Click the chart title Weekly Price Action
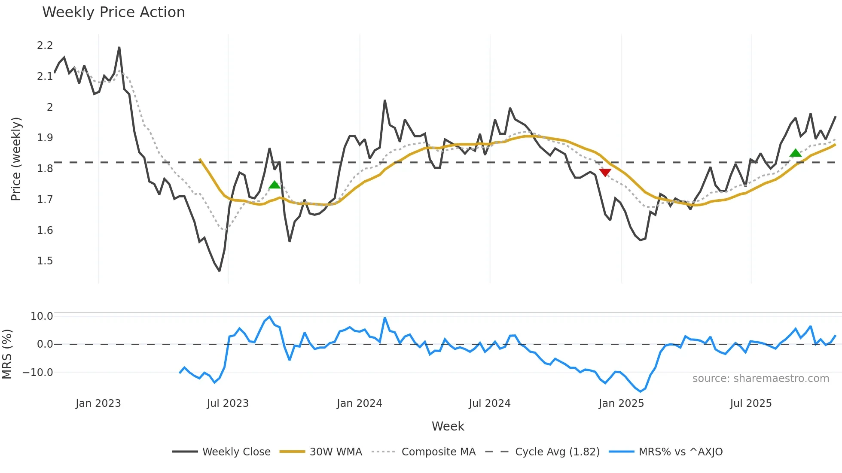coord(113,12)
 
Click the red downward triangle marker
coord(605,173)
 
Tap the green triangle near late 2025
coord(795,153)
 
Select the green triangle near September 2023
coord(275,185)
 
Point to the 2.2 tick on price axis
coord(45,45)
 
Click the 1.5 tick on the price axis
coord(45,261)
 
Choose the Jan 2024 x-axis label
coord(359,403)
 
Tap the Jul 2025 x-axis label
coord(750,403)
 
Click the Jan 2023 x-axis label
coord(98,403)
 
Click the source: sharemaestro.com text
coord(760,379)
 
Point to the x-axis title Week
coord(448,426)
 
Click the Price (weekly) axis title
coord(16,159)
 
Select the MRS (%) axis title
coord(7,354)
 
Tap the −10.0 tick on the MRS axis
coord(38,373)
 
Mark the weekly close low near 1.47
coord(220,270)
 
